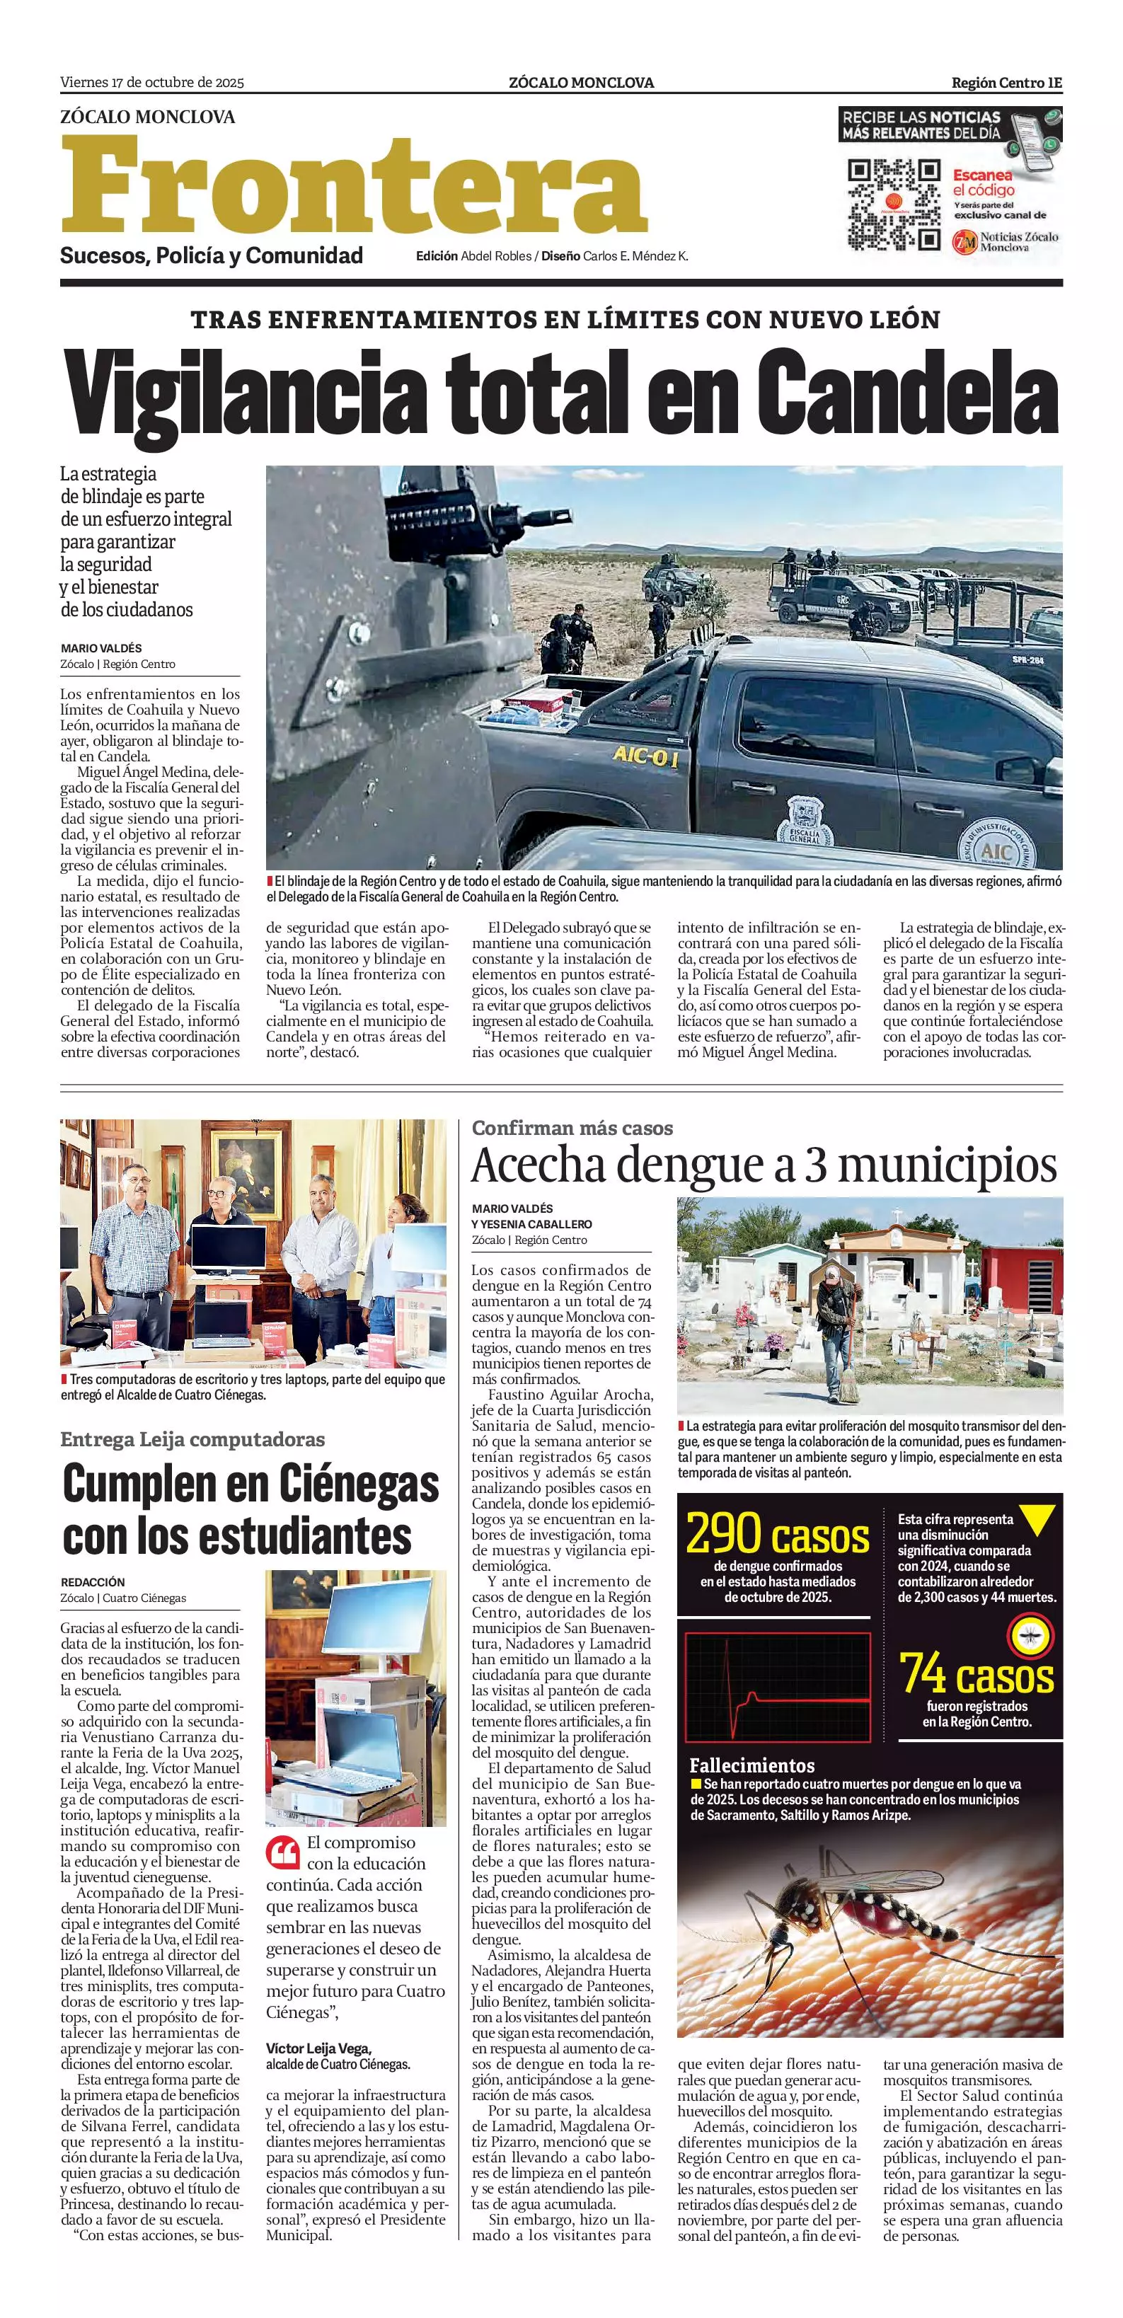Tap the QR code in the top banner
click(x=894, y=204)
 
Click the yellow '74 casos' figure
click(x=977, y=1673)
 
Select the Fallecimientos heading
click(x=751, y=1765)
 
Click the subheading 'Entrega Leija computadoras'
click(x=192, y=1439)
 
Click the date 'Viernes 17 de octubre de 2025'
click(x=152, y=83)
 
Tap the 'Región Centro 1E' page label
click(x=1007, y=83)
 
